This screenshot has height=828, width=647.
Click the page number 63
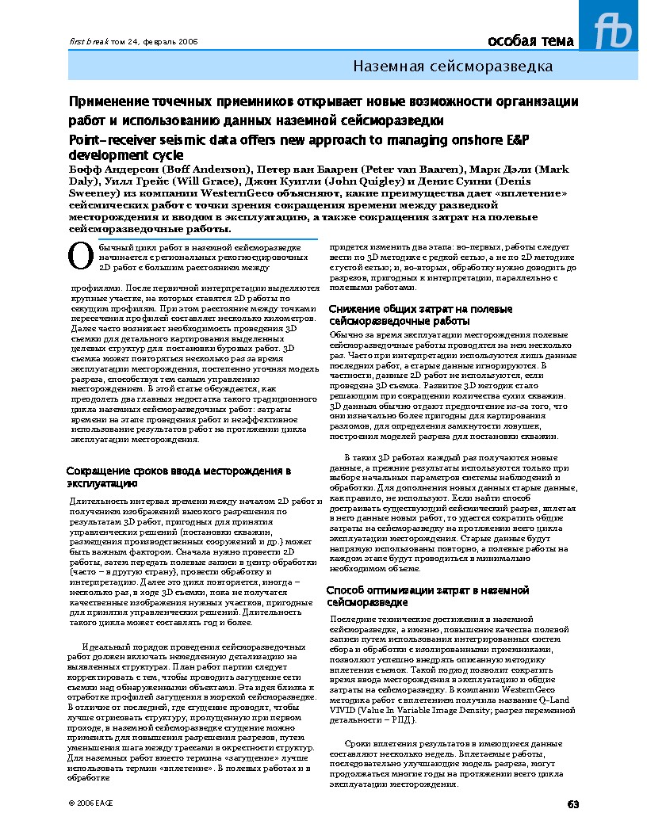pyautogui.click(x=573, y=804)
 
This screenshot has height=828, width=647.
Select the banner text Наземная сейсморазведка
pyautogui.click(x=453, y=67)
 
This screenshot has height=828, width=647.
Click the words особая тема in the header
pyautogui.click(x=530, y=41)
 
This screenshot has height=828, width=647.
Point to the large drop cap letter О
pyautogui.click(x=78, y=255)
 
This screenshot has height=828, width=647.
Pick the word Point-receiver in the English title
pyautogui.click(x=114, y=139)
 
